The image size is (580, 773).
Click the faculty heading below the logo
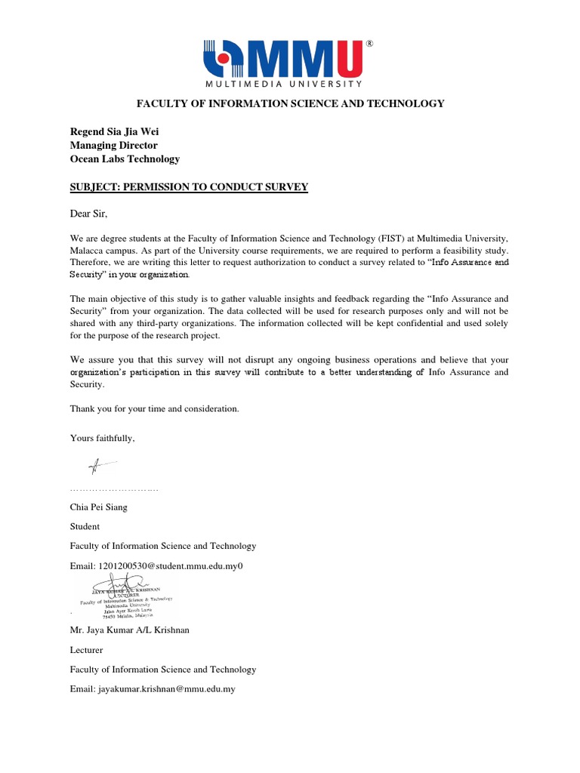point(290,103)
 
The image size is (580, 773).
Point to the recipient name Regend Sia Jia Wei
point(114,131)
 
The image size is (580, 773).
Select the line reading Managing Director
point(114,145)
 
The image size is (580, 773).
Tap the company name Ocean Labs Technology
point(125,159)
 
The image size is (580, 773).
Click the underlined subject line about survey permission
point(189,186)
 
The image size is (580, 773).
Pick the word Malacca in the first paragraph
point(87,250)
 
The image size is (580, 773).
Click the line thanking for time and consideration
point(154,408)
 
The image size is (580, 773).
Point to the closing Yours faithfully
point(103,437)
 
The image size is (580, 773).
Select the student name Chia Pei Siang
point(98,507)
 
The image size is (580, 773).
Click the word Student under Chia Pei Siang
point(85,526)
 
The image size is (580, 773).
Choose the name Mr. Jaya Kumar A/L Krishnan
point(129,630)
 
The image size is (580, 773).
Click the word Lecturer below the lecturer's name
point(86,650)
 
